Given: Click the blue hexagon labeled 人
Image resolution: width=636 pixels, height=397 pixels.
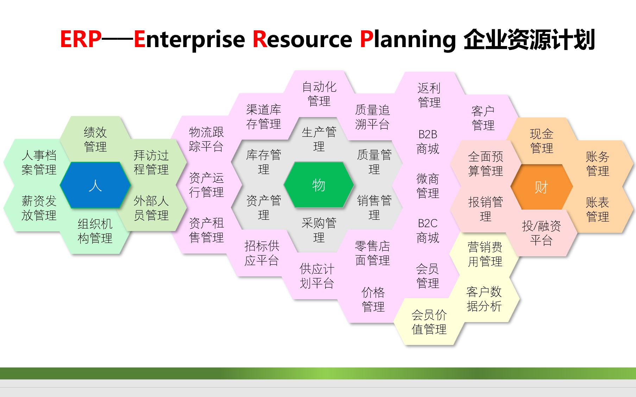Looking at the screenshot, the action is click(x=95, y=185).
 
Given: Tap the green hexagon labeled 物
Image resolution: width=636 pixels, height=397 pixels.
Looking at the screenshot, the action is click(x=319, y=185).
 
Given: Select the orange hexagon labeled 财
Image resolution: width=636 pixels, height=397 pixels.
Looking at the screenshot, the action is click(x=541, y=187).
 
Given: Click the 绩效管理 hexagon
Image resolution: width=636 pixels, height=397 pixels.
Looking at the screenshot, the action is click(x=95, y=139).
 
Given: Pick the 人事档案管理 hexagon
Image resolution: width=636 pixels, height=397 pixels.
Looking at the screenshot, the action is click(x=39, y=162).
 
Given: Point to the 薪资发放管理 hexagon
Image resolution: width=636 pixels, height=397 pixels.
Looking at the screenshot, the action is click(x=39, y=208).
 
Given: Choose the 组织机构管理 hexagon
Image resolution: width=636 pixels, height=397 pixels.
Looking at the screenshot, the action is click(x=95, y=231).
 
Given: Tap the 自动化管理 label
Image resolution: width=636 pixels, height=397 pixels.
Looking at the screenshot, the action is click(x=319, y=94).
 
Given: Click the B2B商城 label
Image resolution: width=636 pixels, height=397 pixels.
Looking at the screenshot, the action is click(x=428, y=141).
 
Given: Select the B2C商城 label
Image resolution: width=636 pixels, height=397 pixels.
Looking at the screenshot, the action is click(x=428, y=230).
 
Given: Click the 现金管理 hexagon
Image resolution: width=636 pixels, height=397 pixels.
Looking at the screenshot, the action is click(x=541, y=141).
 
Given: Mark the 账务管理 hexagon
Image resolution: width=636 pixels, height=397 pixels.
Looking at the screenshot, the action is click(x=597, y=164).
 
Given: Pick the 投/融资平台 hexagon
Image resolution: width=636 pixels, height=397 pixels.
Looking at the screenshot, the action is click(x=541, y=233).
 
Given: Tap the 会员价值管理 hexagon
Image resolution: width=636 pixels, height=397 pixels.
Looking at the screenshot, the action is click(x=429, y=322).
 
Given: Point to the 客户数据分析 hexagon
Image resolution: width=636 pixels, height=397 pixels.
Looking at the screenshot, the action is click(x=484, y=299).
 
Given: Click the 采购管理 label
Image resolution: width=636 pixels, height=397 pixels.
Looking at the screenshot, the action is click(x=319, y=230).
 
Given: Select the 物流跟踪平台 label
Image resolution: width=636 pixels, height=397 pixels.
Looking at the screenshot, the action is click(x=206, y=139).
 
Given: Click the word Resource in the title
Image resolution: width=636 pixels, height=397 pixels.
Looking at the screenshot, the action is click(x=302, y=39).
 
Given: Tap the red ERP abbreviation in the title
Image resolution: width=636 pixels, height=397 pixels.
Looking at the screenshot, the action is click(x=81, y=39).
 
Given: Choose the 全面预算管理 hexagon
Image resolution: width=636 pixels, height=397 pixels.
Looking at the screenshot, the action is click(x=485, y=164).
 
